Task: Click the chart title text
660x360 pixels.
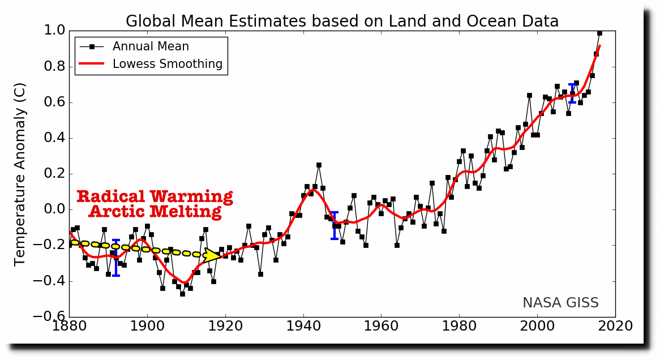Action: (342, 22)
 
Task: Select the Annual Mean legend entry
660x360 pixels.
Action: (151, 46)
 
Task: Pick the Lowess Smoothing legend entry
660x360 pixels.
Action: (167, 64)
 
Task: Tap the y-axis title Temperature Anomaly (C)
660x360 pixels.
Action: (20, 174)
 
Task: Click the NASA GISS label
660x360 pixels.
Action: (560, 303)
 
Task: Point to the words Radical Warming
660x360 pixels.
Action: (155, 197)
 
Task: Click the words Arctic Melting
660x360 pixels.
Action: (155, 212)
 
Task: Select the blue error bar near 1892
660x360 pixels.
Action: (116, 258)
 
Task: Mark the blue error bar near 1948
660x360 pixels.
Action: (335, 225)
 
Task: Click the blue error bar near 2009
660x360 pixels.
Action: (572, 93)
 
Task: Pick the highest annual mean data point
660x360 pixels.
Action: (599, 33)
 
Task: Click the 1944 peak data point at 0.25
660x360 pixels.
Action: (319, 165)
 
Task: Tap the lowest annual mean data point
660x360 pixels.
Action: (182, 294)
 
